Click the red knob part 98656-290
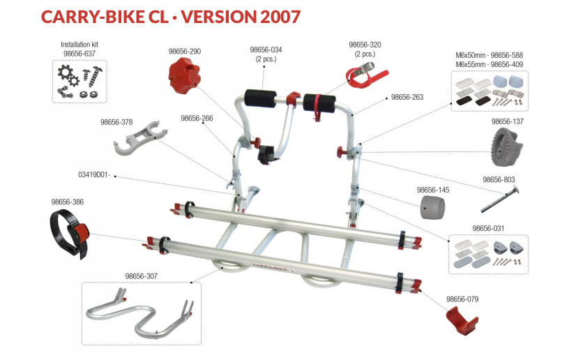click(184, 75)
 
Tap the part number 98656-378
click(116, 122)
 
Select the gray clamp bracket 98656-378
click(140, 137)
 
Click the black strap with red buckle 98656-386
click(70, 232)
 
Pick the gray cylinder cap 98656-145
click(433, 207)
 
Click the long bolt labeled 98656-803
click(500, 200)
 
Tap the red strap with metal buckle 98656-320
click(367, 75)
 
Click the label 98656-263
click(407, 98)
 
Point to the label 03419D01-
click(94, 175)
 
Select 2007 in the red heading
click(280, 17)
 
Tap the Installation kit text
click(79, 45)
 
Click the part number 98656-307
click(141, 276)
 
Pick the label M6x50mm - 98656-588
click(489, 56)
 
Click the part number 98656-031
click(488, 229)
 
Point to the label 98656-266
click(197, 119)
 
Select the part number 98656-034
click(266, 50)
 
